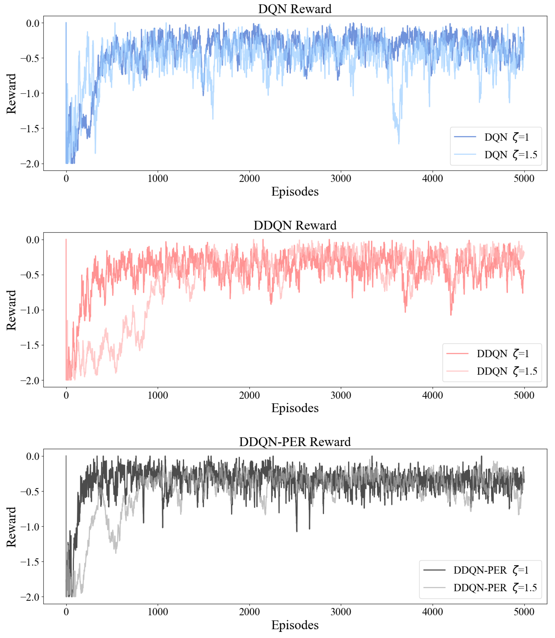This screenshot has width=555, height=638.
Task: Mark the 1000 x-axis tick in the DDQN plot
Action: pyautogui.click(x=158, y=395)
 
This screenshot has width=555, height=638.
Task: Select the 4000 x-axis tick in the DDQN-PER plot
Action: pyautogui.click(x=432, y=612)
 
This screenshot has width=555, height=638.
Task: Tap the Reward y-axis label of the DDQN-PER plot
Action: pyautogui.click(x=11, y=527)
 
